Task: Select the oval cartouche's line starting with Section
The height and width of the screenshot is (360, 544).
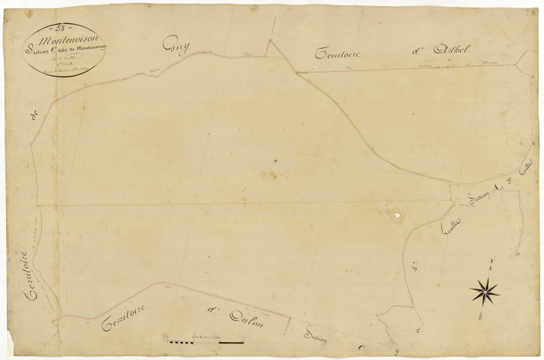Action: coord(67,49)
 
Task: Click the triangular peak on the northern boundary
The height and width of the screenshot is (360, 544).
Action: coord(269,39)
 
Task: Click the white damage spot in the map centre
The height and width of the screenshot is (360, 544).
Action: coord(395,218)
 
